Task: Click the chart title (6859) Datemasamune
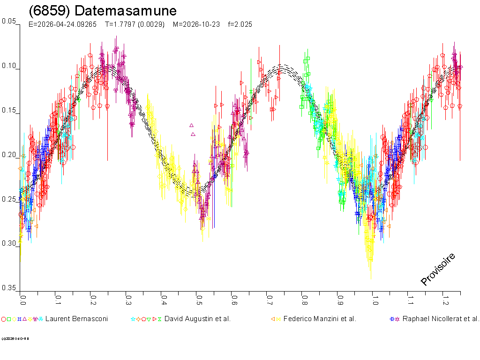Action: click(x=103, y=11)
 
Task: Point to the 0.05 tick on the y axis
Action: click(x=9, y=21)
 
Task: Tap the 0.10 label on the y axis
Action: click(x=9, y=66)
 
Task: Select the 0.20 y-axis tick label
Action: click(x=9, y=155)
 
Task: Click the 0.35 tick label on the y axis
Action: click(x=9, y=287)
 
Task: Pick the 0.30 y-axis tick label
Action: click(x=9, y=243)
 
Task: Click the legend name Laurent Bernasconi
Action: click(x=76, y=319)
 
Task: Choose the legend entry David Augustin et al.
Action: click(x=197, y=319)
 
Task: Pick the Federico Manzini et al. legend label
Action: click(x=320, y=319)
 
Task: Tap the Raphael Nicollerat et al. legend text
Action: click(x=441, y=319)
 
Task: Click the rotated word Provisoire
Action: click(x=438, y=269)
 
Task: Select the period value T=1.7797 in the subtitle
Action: click(x=135, y=24)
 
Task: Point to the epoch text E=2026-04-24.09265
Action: click(x=63, y=24)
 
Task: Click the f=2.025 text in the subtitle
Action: click(x=240, y=24)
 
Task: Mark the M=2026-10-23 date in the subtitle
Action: click(x=196, y=24)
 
